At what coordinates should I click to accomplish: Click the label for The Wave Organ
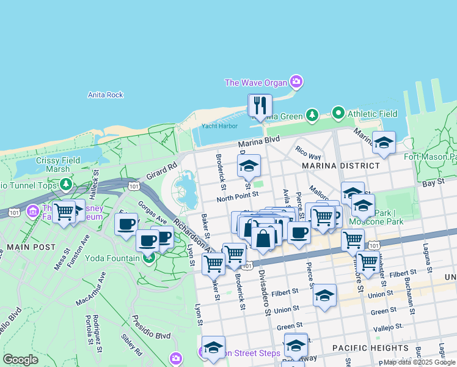(x=255, y=83)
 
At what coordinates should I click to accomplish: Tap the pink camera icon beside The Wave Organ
(x=296, y=81)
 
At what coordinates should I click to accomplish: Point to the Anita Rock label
(x=105, y=95)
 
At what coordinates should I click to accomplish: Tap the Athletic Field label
(x=372, y=114)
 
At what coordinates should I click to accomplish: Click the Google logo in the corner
(x=20, y=360)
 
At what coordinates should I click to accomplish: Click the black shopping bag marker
(x=263, y=239)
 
